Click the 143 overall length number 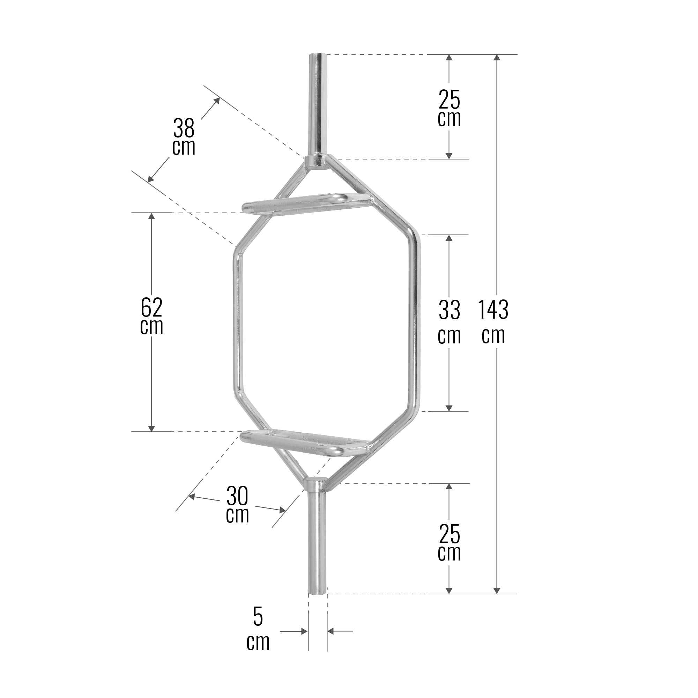point(493,310)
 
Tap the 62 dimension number point(151,307)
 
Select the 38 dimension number point(184,127)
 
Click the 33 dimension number point(450,310)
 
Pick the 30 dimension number point(237,496)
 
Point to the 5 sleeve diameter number point(258,617)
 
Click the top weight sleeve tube point(318,105)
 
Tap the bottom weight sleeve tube point(317,542)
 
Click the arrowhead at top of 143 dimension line point(497,58)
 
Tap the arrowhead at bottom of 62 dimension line point(152,429)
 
